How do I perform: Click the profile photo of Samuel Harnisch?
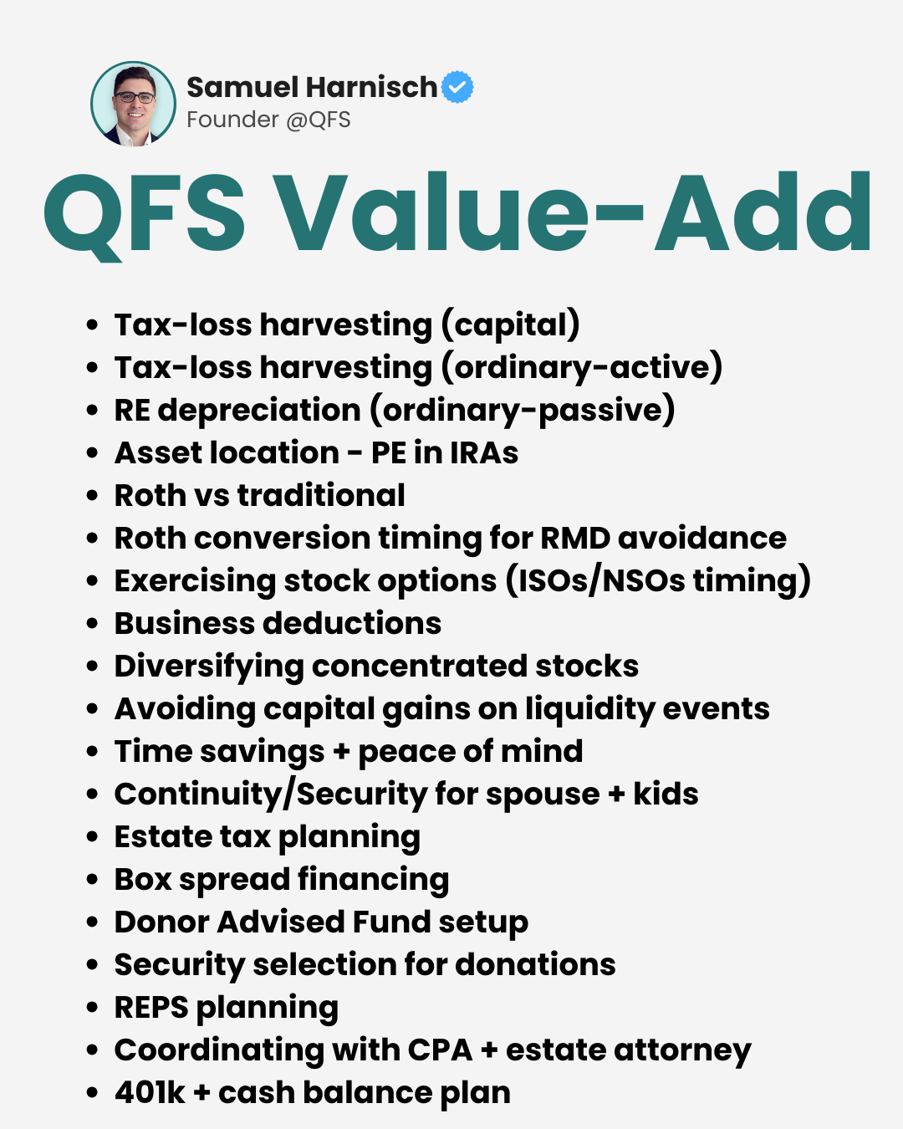(x=134, y=104)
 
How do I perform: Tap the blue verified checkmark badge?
(x=457, y=87)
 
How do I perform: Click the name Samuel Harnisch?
(x=311, y=87)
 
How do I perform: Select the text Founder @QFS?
(x=268, y=120)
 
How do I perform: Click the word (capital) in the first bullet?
(x=510, y=325)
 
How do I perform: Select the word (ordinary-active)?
(x=582, y=368)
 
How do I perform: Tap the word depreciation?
(x=259, y=411)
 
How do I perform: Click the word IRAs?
(x=483, y=453)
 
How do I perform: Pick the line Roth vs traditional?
(x=260, y=496)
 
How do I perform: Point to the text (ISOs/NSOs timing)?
(x=658, y=581)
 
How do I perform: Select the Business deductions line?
(x=278, y=624)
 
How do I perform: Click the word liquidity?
(x=590, y=709)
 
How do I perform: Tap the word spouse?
(x=543, y=794)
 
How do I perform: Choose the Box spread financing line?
(x=282, y=880)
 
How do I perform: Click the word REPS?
(x=151, y=1008)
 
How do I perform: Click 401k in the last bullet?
(x=150, y=1093)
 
